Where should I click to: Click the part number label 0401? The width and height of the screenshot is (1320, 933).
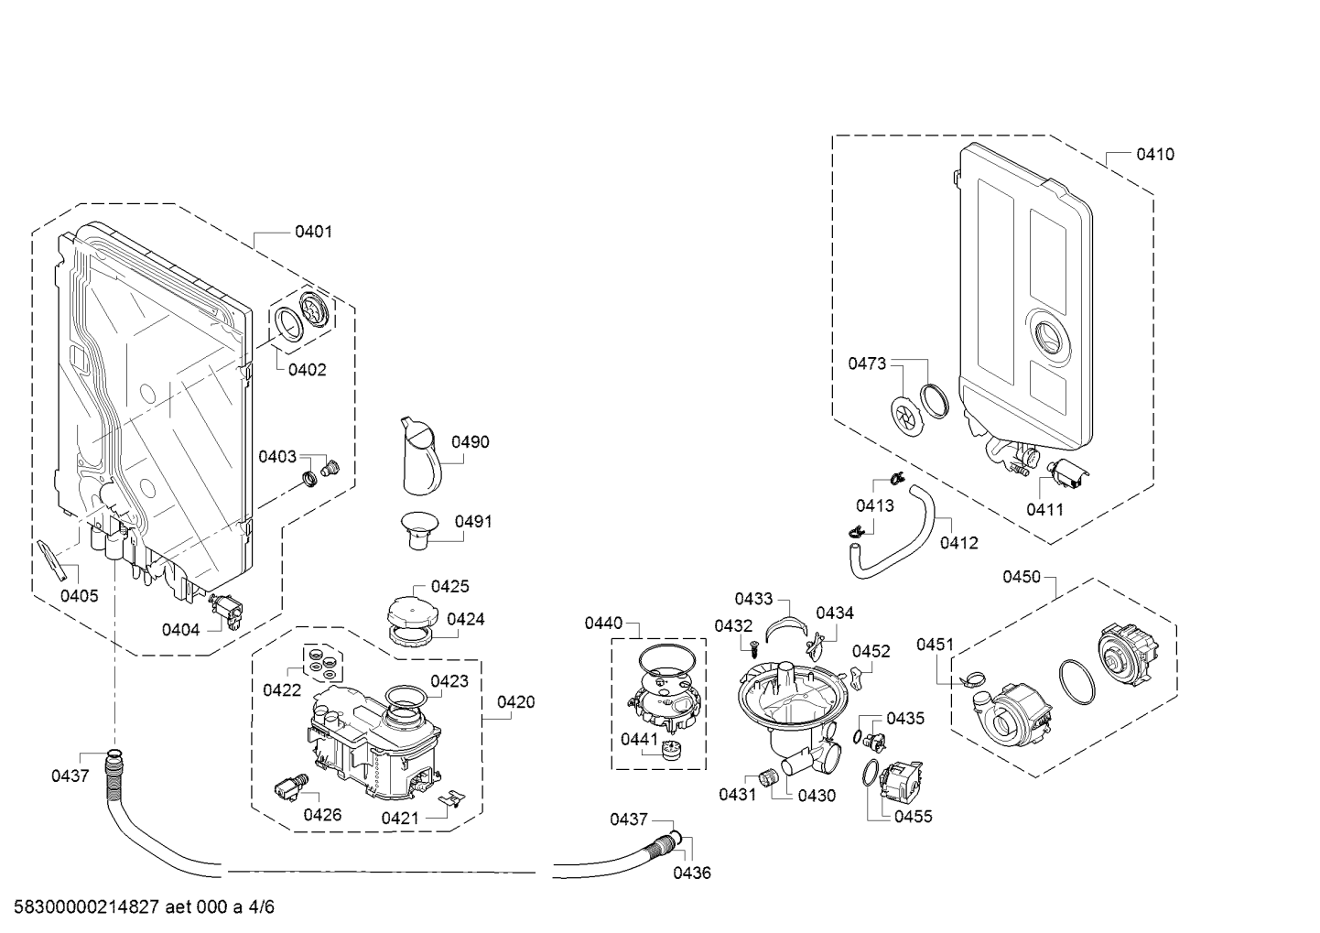click(x=313, y=232)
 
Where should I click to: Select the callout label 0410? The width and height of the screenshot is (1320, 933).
click(x=1155, y=154)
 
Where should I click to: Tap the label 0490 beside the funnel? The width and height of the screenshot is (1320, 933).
click(x=471, y=441)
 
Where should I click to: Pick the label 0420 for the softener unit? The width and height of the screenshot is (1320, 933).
click(x=516, y=702)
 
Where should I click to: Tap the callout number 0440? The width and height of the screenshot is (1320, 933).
click(x=603, y=624)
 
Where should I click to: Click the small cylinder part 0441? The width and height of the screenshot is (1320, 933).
click(x=674, y=749)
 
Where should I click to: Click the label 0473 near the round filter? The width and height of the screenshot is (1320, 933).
click(x=866, y=363)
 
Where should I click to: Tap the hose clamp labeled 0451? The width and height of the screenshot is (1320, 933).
click(x=973, y=678)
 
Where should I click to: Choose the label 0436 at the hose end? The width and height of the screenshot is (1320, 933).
click(x=692, y=873)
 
